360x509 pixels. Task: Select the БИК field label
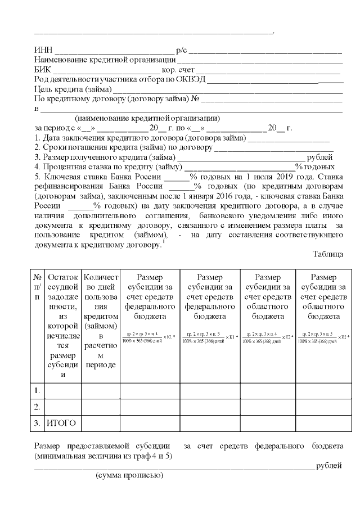(x=43, y=70)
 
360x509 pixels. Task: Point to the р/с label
(x=182, y=51)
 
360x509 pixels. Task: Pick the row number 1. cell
(x=37, y=390)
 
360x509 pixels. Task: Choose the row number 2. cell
(x=37, y=406)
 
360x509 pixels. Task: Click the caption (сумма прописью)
(x=129, y=476)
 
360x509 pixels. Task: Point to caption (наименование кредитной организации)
(x=147, y=118)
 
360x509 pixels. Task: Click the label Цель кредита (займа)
(x=73, y=89)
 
